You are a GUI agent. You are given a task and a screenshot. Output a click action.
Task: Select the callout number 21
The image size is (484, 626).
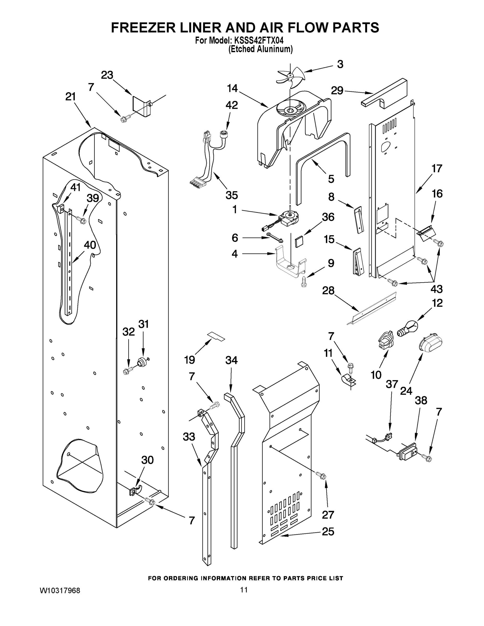tap(70, 97)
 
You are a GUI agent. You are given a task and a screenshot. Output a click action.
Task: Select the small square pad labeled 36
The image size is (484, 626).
tap(299, 240)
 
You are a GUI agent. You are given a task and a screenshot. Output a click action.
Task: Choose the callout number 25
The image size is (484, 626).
tap(328, 531)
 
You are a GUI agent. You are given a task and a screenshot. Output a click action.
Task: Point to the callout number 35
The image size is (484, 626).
tap(231, 195)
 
